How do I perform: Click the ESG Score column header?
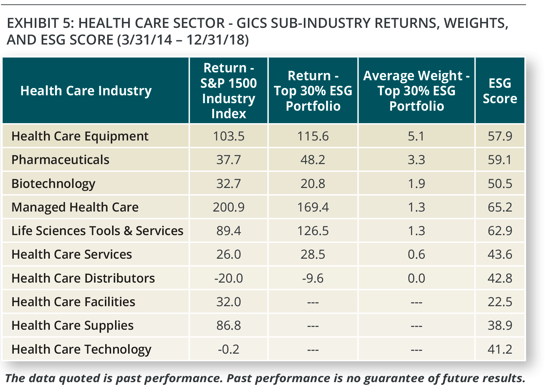point(499,91)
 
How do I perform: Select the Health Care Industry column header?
point(86,91)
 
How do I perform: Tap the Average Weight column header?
point(416,91)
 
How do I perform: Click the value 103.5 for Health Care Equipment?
point(228,136)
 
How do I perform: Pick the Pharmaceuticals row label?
point(60,160)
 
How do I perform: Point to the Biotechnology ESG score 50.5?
point(499,183)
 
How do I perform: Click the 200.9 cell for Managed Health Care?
point(228,207)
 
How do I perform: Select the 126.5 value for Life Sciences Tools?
point(313,231)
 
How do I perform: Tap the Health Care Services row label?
point(71,254)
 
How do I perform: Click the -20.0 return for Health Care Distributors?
point(228,278)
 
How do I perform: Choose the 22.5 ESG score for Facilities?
point(499,302)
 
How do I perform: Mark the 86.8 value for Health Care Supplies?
point(228,325)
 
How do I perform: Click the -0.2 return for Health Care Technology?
point(228,349)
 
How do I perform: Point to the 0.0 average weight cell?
point(416,278)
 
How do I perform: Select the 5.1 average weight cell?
point(416,136)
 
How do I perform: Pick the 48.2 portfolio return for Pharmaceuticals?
point(313,160)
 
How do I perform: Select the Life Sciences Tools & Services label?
point(97,231)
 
